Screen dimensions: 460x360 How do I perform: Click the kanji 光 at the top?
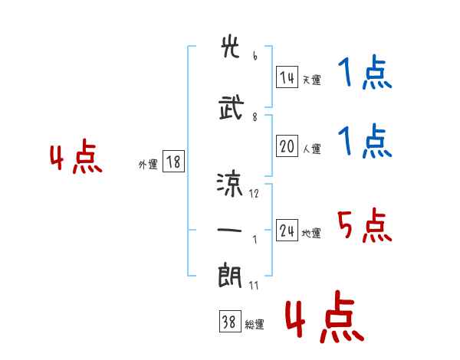[x=230, y=46]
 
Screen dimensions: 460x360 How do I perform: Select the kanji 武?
[x=232, y=107]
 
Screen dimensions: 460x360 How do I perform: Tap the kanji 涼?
[x=230, y=185]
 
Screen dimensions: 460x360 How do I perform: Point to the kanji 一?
[x=229, y=230]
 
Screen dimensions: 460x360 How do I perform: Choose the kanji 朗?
[x=230, y=276]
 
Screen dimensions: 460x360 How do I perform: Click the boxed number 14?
[x=287, y=77]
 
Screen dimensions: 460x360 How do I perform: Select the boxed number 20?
[x=287, y=146]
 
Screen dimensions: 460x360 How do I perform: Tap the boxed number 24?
[x=287, y=230]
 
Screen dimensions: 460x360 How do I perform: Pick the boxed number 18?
[x=173, y=161]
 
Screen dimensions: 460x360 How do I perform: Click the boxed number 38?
[x=230, y=321]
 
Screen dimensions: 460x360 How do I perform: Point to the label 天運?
[x=311, y=80]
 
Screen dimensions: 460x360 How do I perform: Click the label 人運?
[x=311, y=149]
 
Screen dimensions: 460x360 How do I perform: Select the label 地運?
[x=311, y=233]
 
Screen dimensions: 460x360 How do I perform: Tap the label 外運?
[x=148, y=164]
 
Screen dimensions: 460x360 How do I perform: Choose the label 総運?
[x=255, y=324]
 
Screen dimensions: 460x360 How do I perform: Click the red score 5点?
[x=365, y=225]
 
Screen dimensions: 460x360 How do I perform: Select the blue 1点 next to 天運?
[x=365, y=72]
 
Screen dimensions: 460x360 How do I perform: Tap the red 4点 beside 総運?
[x=324, y=316]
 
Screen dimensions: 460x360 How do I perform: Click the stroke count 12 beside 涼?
[x=254, y=194]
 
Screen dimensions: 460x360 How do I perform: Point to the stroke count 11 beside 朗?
[x=254, y=285]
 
